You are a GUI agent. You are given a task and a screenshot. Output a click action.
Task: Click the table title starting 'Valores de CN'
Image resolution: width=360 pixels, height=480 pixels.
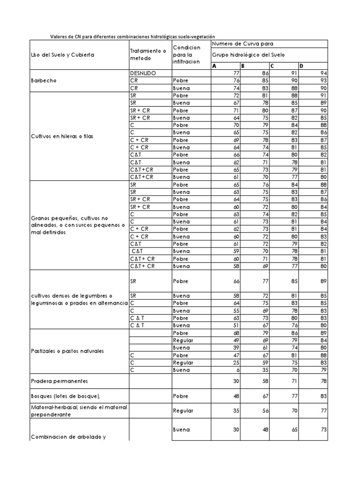(x=132, y=37)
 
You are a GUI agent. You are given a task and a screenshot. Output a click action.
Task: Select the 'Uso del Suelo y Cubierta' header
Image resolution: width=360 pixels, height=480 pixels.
(x=63, y=55)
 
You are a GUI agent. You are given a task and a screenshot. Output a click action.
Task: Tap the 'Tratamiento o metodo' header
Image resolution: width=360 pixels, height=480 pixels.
(x=147, y=55)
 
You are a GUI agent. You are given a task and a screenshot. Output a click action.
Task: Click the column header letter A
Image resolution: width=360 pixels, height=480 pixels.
(x=215, y=66)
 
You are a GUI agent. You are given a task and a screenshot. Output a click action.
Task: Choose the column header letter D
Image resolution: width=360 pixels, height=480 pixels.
(x=302, y=66)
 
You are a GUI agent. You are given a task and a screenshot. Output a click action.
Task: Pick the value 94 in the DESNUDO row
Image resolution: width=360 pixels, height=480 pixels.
(x=323, y=74)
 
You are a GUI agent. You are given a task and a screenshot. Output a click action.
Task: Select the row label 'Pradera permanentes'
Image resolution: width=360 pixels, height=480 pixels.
(x=60, y=381)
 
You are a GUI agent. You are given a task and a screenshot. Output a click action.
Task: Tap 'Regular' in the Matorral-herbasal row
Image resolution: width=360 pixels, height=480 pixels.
(x=183, y=411)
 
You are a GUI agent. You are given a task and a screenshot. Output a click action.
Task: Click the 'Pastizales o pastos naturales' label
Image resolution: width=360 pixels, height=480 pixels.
(x=67, y=351)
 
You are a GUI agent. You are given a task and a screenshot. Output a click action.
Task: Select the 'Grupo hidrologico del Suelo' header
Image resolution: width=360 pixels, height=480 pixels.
(x=248, y=55)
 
